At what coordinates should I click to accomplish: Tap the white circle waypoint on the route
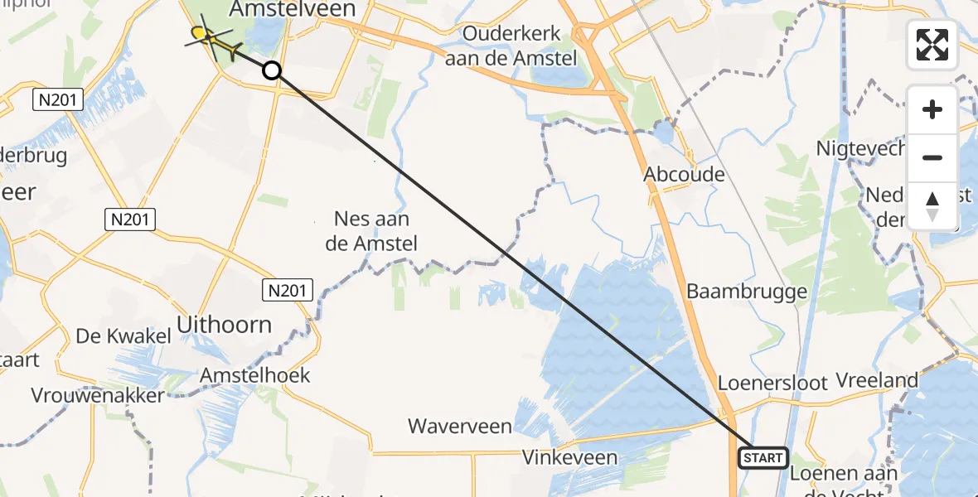tap(272, 70)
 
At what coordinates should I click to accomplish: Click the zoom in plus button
tap(932, 109)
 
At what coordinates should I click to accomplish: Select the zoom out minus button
tap(932, 157)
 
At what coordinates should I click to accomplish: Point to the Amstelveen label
tap(293, 9)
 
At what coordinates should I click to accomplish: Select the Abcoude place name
tap(685, 174)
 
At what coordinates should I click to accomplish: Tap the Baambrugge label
tap(747, 292)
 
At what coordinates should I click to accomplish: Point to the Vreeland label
tap(877, 380)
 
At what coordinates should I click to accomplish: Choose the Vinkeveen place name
tap(569, 457)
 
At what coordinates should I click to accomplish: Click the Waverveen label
tap(459, 427)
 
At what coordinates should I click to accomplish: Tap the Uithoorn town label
tap(225, 324)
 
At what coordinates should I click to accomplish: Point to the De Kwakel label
tap(123, 335)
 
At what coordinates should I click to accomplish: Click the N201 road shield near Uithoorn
tap(289, 289)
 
